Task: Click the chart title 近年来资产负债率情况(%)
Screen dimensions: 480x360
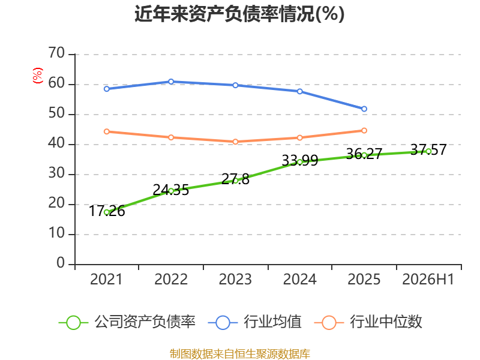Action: (x=239, y=14)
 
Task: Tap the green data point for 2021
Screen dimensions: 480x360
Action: (x=107, y=212)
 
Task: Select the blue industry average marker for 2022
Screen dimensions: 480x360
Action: (x=171, y=82)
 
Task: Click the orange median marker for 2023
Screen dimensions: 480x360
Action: (x=235, y=142)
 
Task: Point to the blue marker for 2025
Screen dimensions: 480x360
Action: (x=364, y=109)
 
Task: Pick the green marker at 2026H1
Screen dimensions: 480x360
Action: (x=428, y=151)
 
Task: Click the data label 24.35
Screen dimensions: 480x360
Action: (x=171, y=190)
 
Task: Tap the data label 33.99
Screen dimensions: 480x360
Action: (x=299, y=160)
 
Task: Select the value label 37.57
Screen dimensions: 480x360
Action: (x=428, y=149)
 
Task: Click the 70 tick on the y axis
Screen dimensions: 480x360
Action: (x=56, y=53)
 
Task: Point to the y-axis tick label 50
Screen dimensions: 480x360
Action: (x=56, y=113)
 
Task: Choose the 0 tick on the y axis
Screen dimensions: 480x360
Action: (x=61, y=263)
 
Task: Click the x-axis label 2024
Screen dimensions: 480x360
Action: (x=299, y=279)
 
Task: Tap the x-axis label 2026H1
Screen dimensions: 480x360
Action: (x=428, y=279)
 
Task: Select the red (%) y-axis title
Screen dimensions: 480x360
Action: (x=38, y=76)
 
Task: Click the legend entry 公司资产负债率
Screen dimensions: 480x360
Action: (x=127, y=322)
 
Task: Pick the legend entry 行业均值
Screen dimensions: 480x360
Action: (x=254, y=322)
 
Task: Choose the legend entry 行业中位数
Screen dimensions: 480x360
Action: (x=368, y=322)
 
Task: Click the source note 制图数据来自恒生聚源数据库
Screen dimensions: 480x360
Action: (x=240, y=353)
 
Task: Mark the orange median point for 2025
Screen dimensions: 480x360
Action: (x=364, y=131)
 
